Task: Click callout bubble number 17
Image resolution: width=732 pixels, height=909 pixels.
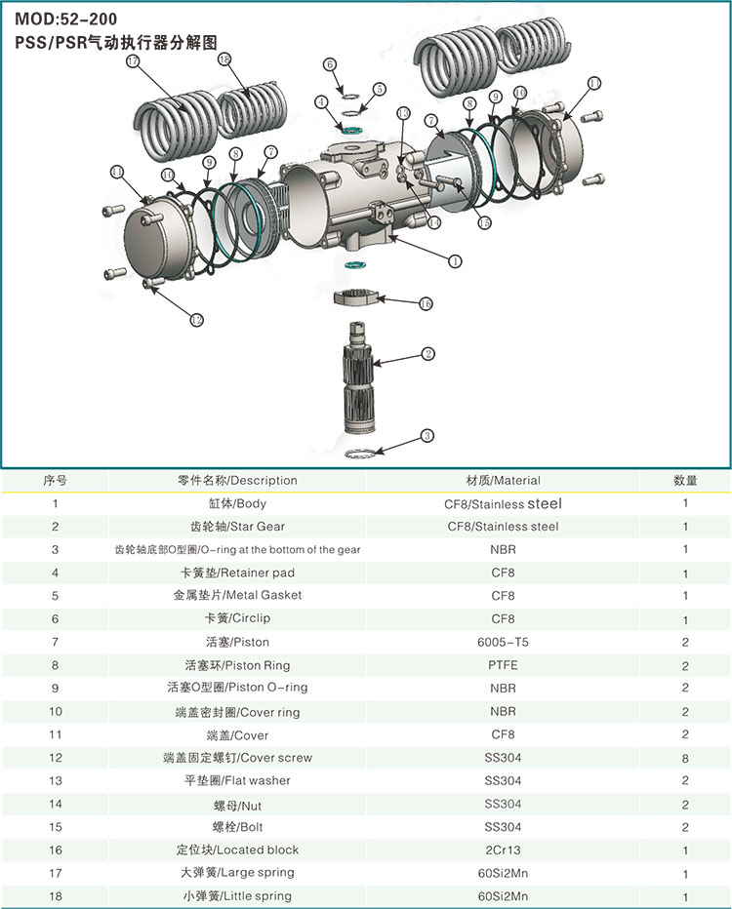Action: pyautogui.click(x=134, y=60)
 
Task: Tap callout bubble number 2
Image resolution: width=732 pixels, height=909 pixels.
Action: pyautogui.click(x=427, y=353)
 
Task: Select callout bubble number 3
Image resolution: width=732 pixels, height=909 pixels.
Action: pyautogui.click(x=427, y=435)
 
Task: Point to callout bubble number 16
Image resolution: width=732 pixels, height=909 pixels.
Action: pyautogui.click(x=426, y=303)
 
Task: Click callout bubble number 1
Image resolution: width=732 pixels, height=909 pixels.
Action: pyautogui.click(x=454, y=260)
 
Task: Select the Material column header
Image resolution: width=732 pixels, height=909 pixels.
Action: pyautogui.click(x=503, y=480)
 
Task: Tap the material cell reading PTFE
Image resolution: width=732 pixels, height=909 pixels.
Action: pyautogui.click(x=503, y=665)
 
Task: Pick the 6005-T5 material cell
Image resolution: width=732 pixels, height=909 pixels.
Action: pyautogui.click(x=503, y=642)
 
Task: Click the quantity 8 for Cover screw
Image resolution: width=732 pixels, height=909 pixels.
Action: pyautogui.click(x=685, y=758)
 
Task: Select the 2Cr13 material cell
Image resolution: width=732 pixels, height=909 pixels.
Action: pyautogui.click(x=503, y=850)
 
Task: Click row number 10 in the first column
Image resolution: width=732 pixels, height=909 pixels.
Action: pyautogui.click(x=55, y=711)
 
